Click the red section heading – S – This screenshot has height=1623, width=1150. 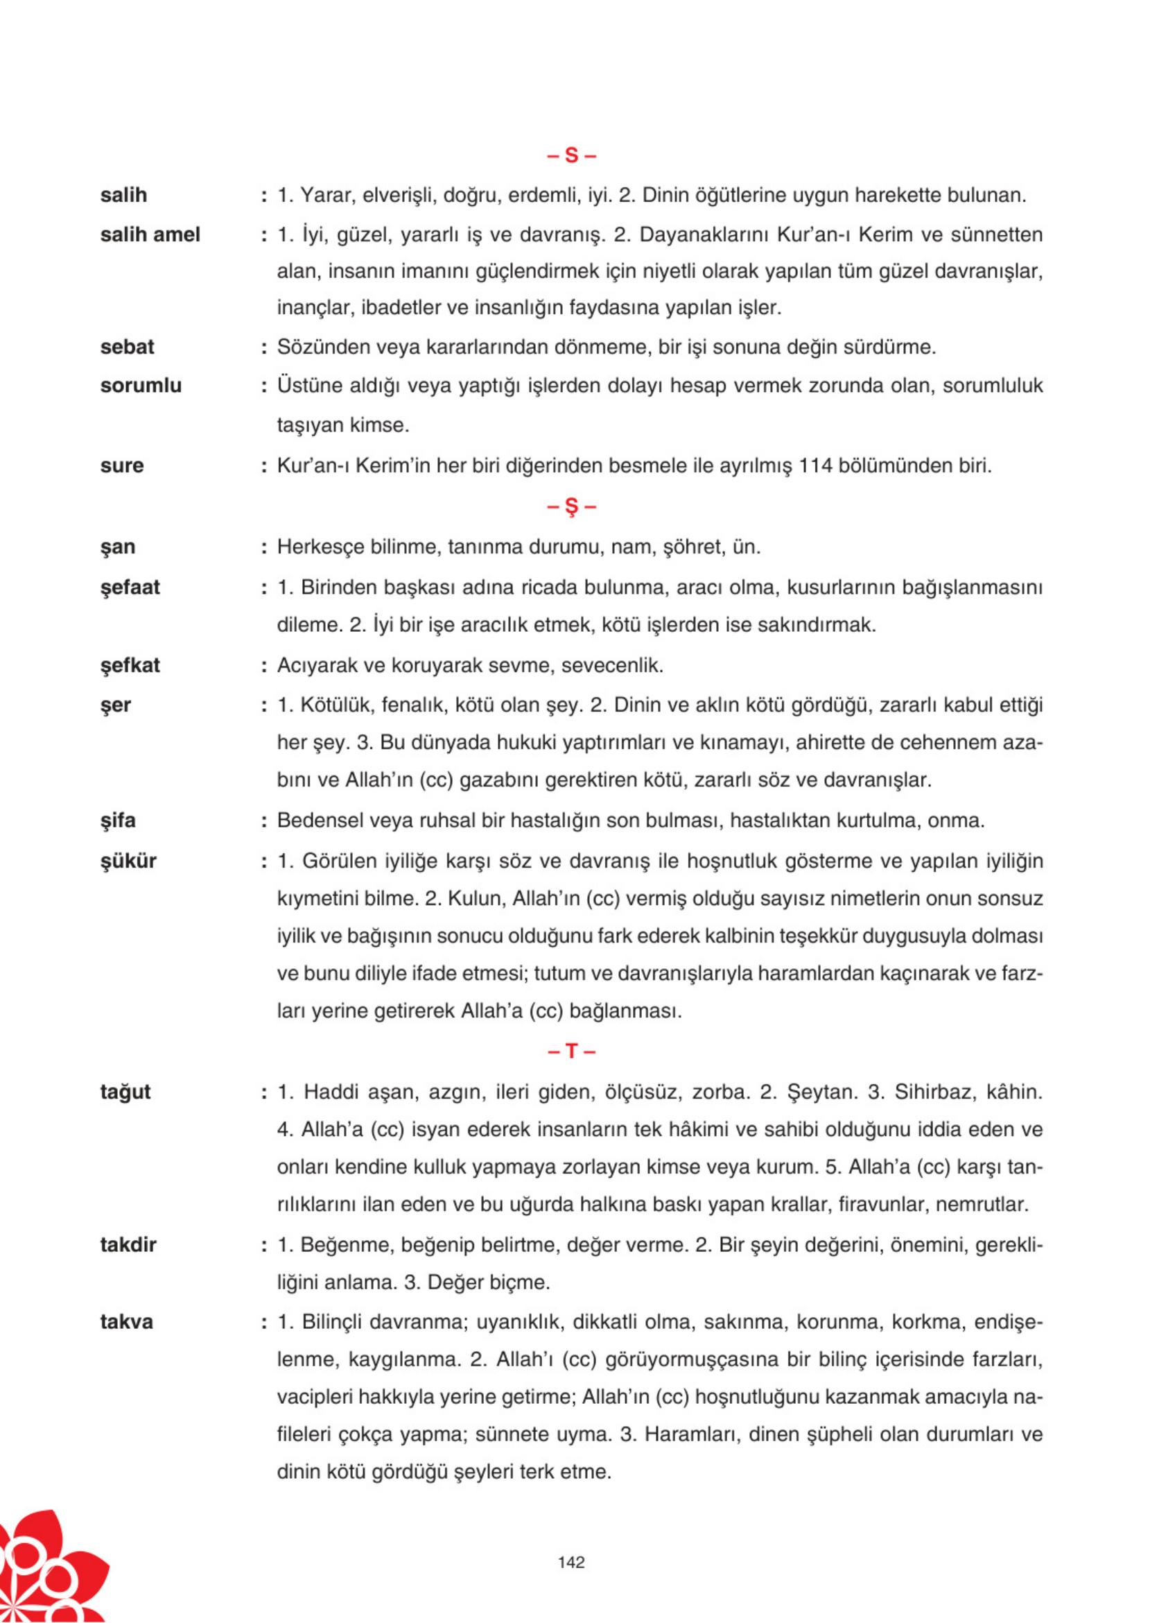(x=571, y=155)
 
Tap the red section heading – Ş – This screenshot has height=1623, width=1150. (x=571, y=506)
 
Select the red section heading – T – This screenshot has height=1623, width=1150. (x=571, y=1051)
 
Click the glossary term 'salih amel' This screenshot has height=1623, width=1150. (x=150, y=234)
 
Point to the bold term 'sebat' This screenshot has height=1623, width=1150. (x=127, y=346)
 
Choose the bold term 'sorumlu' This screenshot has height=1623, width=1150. (x=141, y=386)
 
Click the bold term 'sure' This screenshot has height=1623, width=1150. (x=122, y=465)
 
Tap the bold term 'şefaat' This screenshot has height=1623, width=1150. (x=130, y=587)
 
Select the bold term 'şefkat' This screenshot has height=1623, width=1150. (x=130, y=665)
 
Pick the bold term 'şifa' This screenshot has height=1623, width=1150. (x=118, y=821)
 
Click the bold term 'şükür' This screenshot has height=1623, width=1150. (x=128, y=861)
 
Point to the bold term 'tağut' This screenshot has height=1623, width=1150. (x=125, y=1092)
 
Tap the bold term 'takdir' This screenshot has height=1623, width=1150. (x=128, y=1245)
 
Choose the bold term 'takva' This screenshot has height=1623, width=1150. (x=126, y=1322)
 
